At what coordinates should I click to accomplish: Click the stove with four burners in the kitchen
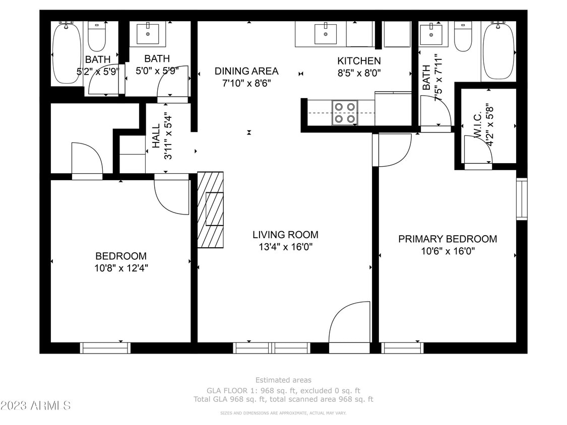click(x=345, y=113)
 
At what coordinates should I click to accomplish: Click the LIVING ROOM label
click(x=285, y=235)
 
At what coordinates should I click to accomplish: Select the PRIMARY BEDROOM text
click(x=448, y=239)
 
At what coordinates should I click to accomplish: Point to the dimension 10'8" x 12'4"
click(x=121, y=268)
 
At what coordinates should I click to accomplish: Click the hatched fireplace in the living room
click(x=210, y=209)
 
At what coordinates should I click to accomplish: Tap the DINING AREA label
click(x=246, y=72)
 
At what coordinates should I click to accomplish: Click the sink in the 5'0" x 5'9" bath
click(x=148, y=34)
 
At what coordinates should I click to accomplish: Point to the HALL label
click(x=156, y=136)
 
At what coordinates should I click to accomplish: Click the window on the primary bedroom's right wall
click(x=522, y=199)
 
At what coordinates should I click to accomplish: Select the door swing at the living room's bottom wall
click(x=349, y=322)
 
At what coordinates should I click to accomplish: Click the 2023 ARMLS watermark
click(x=36, y=405)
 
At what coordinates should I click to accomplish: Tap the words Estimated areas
click(x=283, y=380)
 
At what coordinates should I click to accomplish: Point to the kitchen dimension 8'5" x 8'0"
click(x=359, y=73)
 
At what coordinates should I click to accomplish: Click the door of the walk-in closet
click(x=477, y=151)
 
